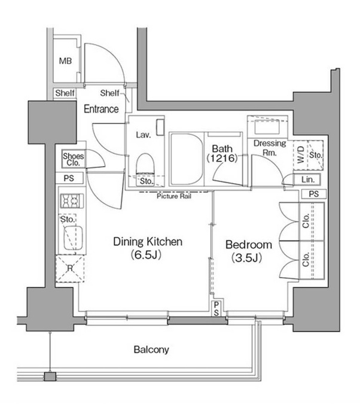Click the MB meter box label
coord(65,61)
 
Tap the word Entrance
coord(101,109)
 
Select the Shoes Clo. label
coord(74,159)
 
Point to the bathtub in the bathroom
coord(186,159)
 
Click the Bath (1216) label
coord(222,153)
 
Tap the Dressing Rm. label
coord(270,148)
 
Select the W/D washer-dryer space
coord(301,154)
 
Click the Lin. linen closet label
coord(308,180)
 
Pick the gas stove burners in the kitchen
coord(72,201)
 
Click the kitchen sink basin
coord(74,238)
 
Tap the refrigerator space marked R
coord(70,268)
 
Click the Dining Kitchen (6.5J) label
coord(148,248)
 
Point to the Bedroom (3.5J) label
coord(249,251)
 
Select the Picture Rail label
coord(174,196)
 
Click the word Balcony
coord(151,350)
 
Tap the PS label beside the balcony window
coord(216,309)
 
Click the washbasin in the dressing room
coord(267,127)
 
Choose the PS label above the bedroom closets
coord(313,194)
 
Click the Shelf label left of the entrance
coord(65,93)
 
